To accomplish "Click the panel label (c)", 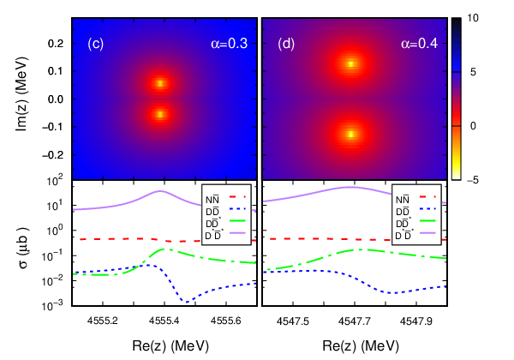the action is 96,44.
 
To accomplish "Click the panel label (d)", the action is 286,44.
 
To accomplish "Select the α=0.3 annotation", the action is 229,44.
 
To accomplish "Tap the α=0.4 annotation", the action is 419,44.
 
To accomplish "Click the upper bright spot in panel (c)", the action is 160,83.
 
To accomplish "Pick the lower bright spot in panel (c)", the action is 160,114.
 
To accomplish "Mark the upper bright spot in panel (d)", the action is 351,64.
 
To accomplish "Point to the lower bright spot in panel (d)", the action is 351,134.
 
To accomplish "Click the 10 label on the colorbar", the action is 473,18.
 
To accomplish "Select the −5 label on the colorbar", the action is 471,180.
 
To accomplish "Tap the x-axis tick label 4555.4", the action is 164,321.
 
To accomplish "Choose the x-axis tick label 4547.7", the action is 355,321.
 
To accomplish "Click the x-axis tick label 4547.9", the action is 416,321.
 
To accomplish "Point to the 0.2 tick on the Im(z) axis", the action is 56,44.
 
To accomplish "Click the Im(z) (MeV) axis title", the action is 22,94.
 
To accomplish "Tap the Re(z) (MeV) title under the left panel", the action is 170,346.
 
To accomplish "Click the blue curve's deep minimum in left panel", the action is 185,302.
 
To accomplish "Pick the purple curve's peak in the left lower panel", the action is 160,191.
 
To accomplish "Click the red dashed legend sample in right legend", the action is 427,197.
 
